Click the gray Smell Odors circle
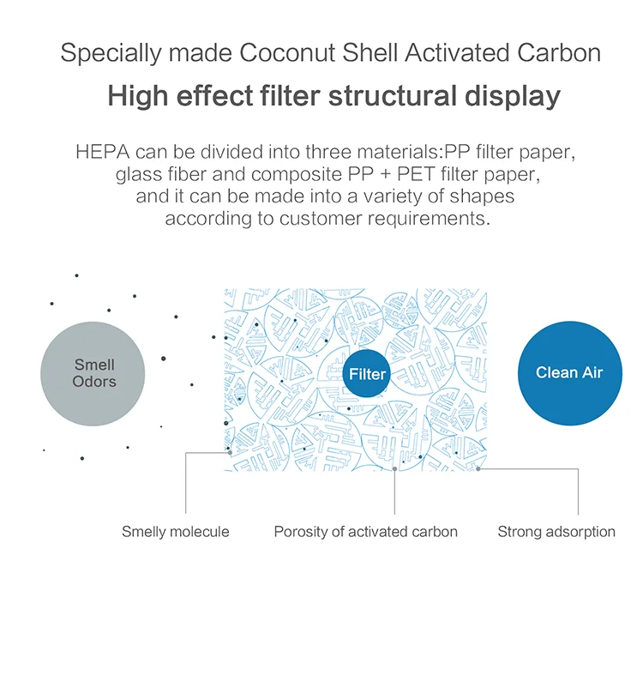[x=93, y=374]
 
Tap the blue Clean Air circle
[x=569, y=373]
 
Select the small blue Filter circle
[x=366, y=373]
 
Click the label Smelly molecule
[x=175, y=532]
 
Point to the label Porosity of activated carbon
[x=365, y=532]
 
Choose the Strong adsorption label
[x=556, y=532]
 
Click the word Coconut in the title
[x=287, y=52]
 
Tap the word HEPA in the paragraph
[x=103, y=152]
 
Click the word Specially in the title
[x=111, y=53]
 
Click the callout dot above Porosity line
[x=394, y=469]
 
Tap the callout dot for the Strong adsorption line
[x=478, y=469]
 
